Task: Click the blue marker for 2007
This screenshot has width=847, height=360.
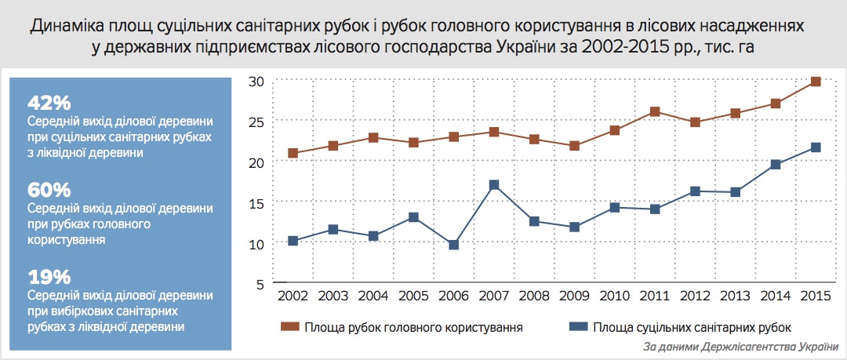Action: click(493, 186)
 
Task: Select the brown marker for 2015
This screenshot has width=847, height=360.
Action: click(816, 81)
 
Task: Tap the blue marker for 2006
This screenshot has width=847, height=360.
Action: click(453, 245)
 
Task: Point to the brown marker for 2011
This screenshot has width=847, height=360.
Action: click(655, 112)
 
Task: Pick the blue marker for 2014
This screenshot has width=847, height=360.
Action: click(775, 165)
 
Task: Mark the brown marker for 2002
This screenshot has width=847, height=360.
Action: click(293, 153)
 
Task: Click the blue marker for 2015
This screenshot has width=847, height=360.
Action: click(816, 147)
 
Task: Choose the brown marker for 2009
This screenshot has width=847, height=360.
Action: click(574, 146)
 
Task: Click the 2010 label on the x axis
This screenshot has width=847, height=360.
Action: click(614, 296)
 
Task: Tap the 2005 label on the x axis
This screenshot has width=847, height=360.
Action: click(413, 296)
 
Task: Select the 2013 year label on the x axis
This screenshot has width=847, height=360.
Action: click(735, 296)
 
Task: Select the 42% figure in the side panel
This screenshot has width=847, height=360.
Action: click(49, 103)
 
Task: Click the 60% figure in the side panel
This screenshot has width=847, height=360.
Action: click(49, 190)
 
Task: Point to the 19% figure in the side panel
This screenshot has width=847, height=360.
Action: click(49, 277)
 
